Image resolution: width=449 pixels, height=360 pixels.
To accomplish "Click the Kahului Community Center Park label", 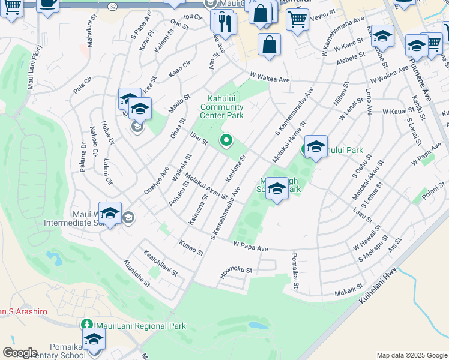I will pyautogui.click(x=225, y=107).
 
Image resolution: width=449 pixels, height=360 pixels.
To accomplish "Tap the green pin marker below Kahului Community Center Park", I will pyautogui.click(x=226, y=141).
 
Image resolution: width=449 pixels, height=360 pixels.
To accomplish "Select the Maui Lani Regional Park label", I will pyautogui.click(x=139, y=326).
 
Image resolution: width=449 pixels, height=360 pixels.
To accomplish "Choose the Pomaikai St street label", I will pyautogui.click(x=295, y=271).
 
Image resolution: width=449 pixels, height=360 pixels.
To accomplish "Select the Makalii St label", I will pyautogui.click(x=349, y=289).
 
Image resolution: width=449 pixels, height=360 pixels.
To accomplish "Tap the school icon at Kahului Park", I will pyautogui.click(x=316, y=146).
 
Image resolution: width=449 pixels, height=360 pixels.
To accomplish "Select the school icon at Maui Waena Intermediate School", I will pyautogui.click(x=110, y=213).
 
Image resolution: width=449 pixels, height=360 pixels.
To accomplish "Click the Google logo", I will pyautogui.click(x=20, y=353).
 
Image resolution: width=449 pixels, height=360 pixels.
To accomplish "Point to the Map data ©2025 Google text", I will pyautogui.click(x=412, y=355).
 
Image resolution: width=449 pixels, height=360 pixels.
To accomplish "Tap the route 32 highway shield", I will pyautogui.click(x=113, y=5).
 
